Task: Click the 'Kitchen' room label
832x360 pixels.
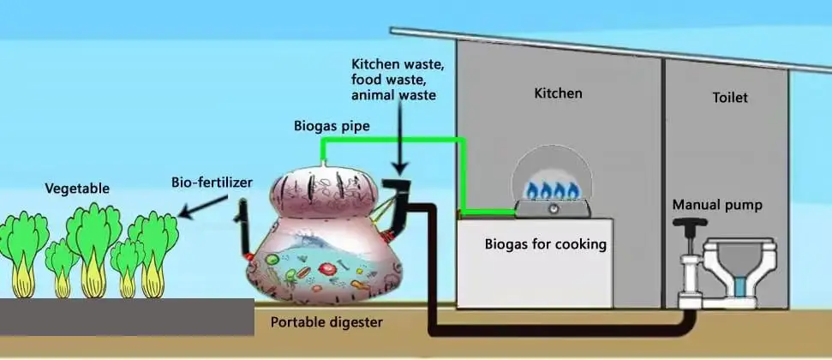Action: (558, 93)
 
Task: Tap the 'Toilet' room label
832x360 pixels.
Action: (729, 98)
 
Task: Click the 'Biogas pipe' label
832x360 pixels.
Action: (331, 126)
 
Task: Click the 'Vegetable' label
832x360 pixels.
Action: (77, 189)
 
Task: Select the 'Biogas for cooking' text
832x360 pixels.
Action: (547, 244)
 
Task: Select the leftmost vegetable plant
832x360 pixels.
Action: (23, 249)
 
